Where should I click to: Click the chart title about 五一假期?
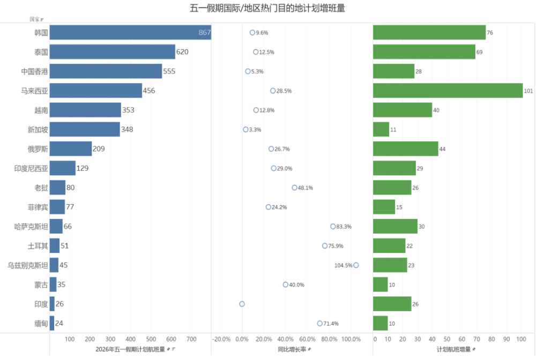pyautogui.click(x=267, y=7)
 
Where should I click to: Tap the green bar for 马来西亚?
pyautogui.click(x=448, y=91)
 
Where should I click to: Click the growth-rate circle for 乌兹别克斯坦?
pyautogui.click(x=356, y=265)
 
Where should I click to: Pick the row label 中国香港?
pyautogui.click(x=35, y=71)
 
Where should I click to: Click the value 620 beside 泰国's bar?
pyautogui.click(x=182, y=52)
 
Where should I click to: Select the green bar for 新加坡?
pyautogui.click(x=381, y=129)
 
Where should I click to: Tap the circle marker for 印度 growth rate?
pyautogui.click(x=242, y=304)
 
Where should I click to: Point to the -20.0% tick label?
pyautogui.click(x=221, y=339)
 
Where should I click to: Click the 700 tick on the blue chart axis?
pyautogui.click(x=191, y=339)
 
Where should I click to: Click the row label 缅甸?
pyautogui.click(x=41, y=323)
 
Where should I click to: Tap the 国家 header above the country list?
pyautogui.click(x=35, y=19)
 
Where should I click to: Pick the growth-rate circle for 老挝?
pyautogui.click(x=294, y=187)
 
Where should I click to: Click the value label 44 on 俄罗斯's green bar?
pyautogui.click(x=442, y=149)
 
